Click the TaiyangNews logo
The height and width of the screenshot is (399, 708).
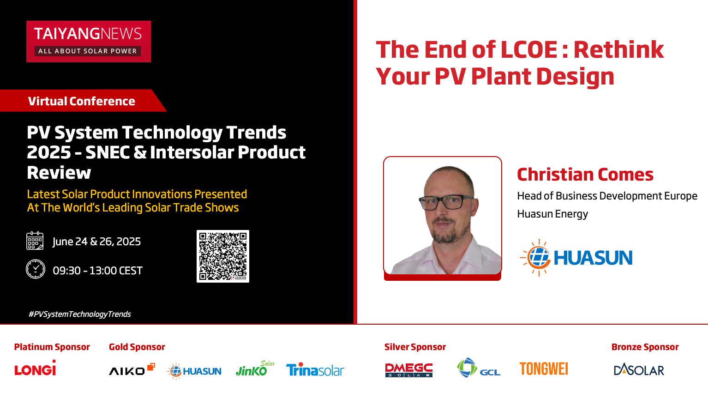(x=89, y=42)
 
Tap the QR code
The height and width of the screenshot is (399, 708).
(x=223, y=256)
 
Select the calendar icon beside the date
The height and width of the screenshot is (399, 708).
(x=35, y=241)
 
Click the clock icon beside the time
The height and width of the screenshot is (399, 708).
(x=36, y=269)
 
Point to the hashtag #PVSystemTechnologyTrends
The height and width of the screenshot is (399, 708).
(x=80, y=314)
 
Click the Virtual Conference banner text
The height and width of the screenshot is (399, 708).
(x=82, y=101)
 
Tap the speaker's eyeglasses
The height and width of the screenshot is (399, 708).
(x=446, y=202)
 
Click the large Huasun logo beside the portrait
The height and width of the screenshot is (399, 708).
(x=576, y=258)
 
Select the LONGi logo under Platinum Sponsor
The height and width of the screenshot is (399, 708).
(x=35, y=368)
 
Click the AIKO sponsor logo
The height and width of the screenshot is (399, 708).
(x=132, y=369)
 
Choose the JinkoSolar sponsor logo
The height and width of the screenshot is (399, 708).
(x=255, y=369)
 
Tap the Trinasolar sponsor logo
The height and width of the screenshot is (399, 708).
(x=315, y=369)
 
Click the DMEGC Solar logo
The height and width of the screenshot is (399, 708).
(x=408, y=370)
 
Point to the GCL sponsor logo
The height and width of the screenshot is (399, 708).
(x=478, y=368)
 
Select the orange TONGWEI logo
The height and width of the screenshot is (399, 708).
(x=544, y=369)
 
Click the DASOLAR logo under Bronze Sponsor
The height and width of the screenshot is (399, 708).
(x=639, y=369)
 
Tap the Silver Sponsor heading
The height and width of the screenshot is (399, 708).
(x=415, y=347)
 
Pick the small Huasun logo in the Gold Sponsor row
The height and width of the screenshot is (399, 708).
(x=194, y=371)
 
